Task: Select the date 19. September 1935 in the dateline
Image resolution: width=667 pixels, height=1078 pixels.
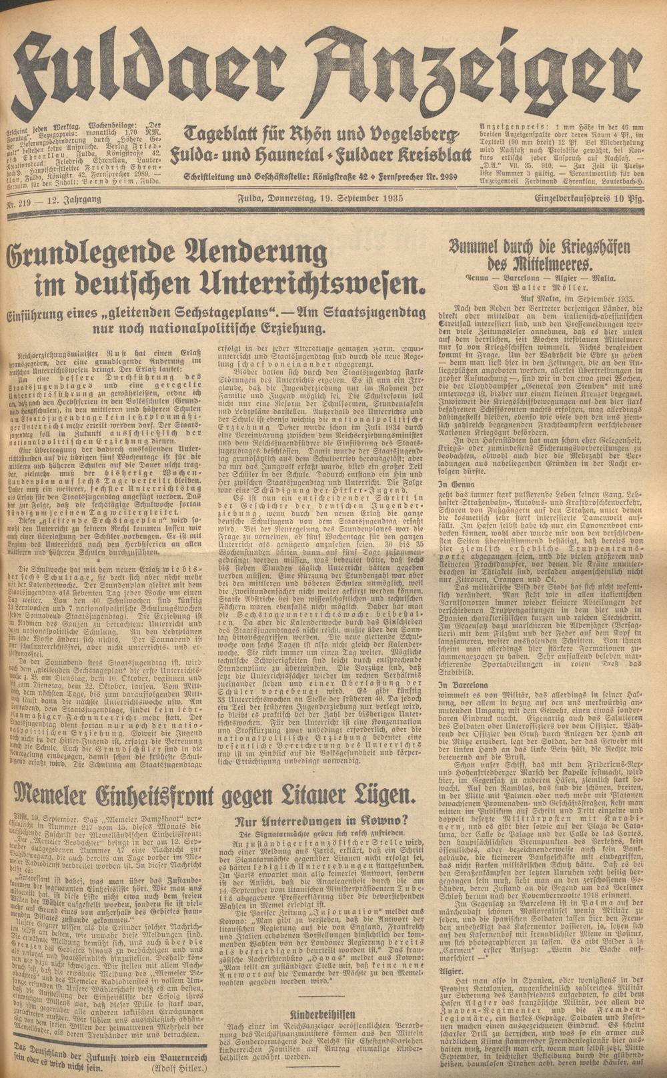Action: click(358, 199)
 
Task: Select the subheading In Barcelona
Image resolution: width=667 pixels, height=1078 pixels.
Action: click(460, 685)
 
